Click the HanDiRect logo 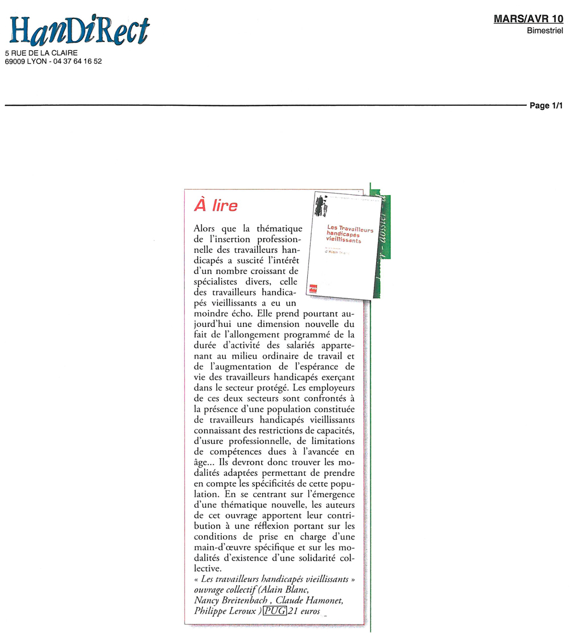pos(79,31)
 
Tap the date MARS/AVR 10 pos(528,19)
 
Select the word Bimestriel pos(545,30)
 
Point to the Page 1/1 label pos(546,106)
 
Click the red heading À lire pos(216,206)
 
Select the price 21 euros pos(304,612)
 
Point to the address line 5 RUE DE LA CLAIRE pos(41,53)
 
